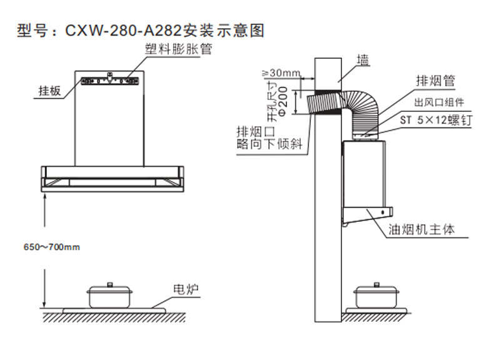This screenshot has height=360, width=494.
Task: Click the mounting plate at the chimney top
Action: [110, 81]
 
